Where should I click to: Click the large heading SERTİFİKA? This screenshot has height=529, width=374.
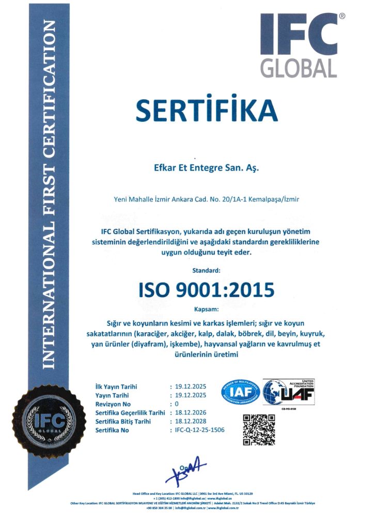(206, 110)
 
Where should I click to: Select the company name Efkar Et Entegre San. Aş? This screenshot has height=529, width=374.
(206, 168)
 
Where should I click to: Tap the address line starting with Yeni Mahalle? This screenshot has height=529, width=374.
(206, 199)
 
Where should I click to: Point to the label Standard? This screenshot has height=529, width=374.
(206, 270)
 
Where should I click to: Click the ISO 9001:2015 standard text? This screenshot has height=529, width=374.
(206, 290)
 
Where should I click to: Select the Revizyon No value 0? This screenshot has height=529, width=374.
(177, 403)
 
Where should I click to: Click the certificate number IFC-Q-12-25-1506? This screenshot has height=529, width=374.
(200, 430)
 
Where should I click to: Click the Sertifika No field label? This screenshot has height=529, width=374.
(112, 430)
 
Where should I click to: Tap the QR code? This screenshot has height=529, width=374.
(259, 430)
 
